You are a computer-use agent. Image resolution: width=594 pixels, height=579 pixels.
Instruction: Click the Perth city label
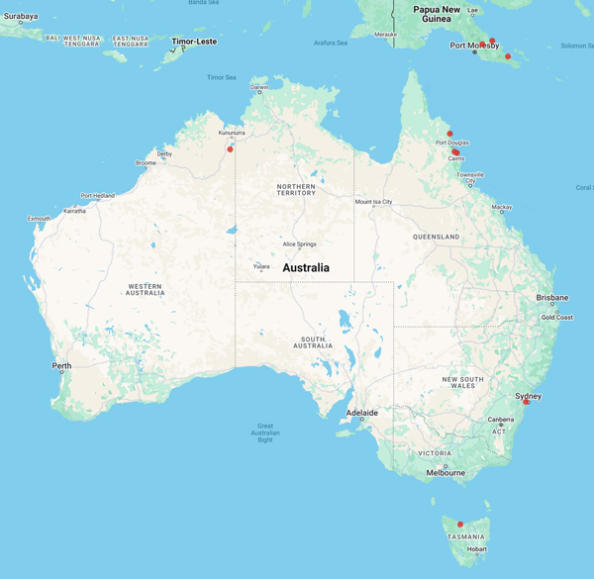[x=61, y=366]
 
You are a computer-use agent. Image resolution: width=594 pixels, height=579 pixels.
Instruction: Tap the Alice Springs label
[x=299, y=243]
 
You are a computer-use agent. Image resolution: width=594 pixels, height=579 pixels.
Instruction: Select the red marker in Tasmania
[x=460, y=525]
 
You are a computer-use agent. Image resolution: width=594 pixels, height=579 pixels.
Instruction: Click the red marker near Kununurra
[x=230, y=149]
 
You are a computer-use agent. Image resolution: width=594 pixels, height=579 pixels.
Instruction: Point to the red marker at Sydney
[x=526, y=402]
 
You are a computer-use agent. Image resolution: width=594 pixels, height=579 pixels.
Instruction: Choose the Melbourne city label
[x=445, y=473]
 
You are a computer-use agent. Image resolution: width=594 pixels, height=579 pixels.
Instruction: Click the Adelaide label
[x=361, y=412]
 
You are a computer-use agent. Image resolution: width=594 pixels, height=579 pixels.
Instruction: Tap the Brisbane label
[x=552, y=297]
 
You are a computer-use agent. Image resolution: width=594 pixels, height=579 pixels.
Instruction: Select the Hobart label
[x=476, y=549]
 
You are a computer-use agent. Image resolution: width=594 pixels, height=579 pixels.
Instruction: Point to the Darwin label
[x=259, y=87]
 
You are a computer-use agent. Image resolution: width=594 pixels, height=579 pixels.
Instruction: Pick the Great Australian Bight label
[x=264, y=433]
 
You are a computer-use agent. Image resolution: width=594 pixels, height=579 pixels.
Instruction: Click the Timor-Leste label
[x=193, y=42]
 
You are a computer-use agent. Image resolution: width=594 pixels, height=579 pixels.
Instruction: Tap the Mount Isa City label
[x=374, y=202]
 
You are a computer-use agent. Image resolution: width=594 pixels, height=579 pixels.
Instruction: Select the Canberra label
[x=500, y=420]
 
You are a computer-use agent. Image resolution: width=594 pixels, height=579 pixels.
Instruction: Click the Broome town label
[x=146, y=162]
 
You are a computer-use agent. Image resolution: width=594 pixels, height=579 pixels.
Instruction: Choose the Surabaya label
[x=20, y=16]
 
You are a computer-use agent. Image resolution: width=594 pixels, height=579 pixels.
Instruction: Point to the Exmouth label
[x=39, y=219]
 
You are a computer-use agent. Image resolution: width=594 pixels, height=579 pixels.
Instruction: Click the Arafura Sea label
[x=331, y=43]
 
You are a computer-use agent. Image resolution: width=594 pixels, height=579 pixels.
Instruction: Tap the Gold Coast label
[x=556, y=318]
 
